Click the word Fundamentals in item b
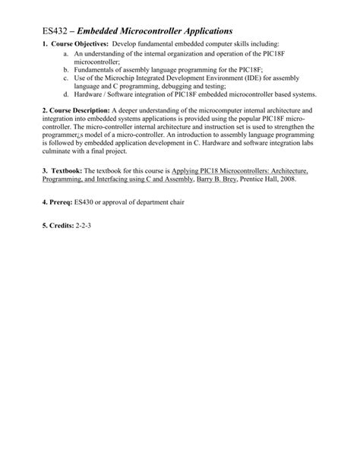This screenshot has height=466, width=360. [96, 69]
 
